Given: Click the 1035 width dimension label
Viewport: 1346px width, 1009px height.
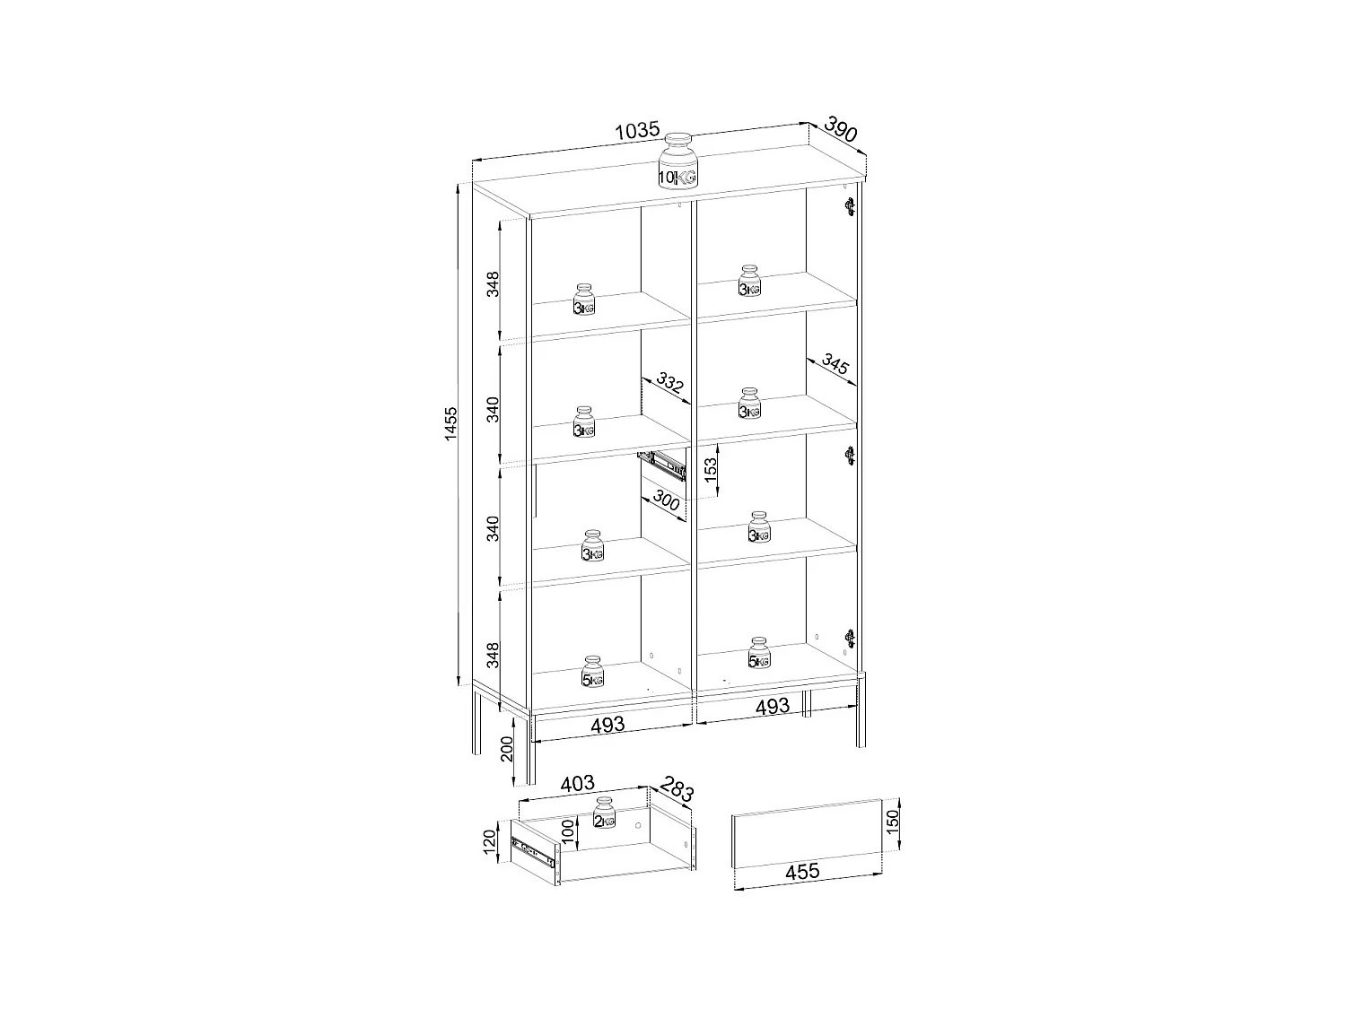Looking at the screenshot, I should click(x=638, y=131).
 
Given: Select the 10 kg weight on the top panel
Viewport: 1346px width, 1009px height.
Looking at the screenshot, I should click(x=677, y=161).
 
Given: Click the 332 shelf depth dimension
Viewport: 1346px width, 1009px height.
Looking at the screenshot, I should click(x=669, y=385).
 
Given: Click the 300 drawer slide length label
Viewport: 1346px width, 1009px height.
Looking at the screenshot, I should click(x=666, y=500).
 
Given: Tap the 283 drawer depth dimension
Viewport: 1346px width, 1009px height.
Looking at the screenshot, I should click(x=677, y=790).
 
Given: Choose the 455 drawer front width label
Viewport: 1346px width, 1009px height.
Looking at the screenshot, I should click(x=802, y=871).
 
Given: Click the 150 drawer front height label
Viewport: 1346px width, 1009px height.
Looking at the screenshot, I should click(x=892, y=819).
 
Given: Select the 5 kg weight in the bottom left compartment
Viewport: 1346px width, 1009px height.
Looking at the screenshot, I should click(x=592, y=672).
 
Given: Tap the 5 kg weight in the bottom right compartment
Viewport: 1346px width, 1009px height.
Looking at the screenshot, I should click(x=759, y=654).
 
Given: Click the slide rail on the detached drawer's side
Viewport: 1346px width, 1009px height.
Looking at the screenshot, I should click(x=534, y=852).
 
